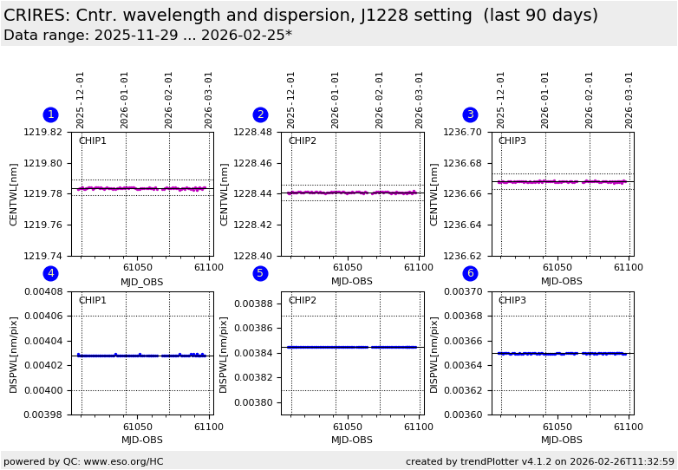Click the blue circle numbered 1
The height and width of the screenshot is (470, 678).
50,114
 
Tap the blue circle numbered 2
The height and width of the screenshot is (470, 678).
260,114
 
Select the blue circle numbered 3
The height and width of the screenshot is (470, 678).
470,114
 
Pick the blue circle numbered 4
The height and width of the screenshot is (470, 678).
50,273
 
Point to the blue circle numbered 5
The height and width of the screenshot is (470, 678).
260,273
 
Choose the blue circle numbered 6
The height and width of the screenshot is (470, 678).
470,273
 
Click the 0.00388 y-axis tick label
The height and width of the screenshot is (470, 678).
256,304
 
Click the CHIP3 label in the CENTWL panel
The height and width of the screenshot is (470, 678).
512,141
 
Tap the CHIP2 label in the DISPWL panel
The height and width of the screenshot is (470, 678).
302,301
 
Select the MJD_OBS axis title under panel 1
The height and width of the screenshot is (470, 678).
142,282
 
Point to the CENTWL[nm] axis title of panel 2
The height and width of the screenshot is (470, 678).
225,194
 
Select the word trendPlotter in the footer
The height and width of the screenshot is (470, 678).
485,461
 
